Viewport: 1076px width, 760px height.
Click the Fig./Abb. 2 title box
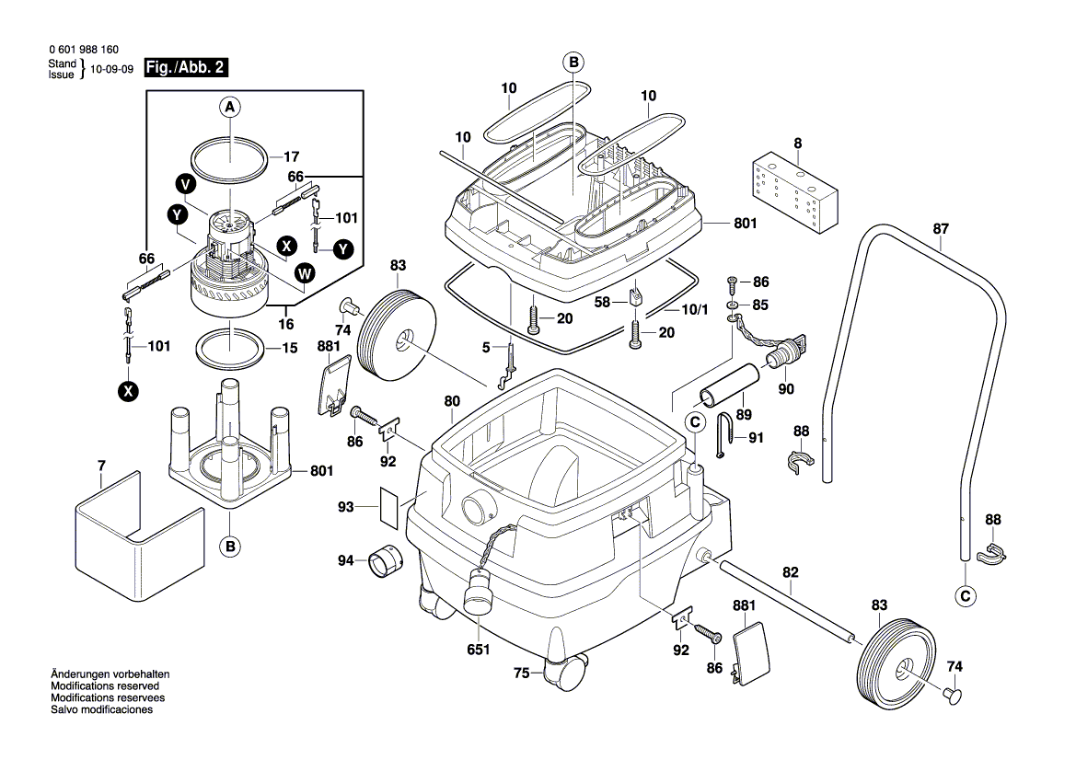[187, 68]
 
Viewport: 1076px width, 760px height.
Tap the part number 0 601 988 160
[82, 51]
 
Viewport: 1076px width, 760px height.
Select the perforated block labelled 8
[797, 192]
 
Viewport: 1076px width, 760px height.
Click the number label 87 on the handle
[940, 230]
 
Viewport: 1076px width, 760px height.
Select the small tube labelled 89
[728, 385]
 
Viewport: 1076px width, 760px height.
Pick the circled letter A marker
[230, 108]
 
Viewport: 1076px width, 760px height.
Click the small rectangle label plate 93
[391, 508]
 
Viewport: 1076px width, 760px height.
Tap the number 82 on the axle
[790, 572]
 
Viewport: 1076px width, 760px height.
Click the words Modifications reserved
[104, 686]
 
